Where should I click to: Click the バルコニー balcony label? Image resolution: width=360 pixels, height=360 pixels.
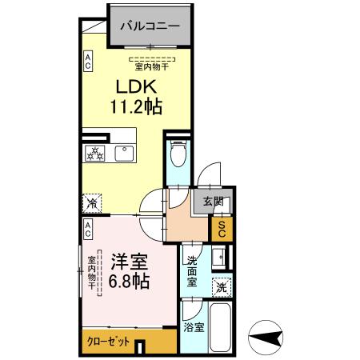(x=150, y=25)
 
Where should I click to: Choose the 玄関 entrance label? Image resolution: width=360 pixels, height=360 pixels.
(x=213, y=201)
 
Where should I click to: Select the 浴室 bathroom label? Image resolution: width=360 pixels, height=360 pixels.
(x=191, y=326)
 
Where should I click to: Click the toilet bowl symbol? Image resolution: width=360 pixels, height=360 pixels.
(x=178, y=154)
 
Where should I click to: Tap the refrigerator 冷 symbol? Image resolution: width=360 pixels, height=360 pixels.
(x=92, y=203)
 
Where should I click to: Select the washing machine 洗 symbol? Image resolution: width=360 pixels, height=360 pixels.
(x=220, y=286)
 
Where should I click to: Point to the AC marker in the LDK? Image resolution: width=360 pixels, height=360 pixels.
(x=88, y=62)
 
